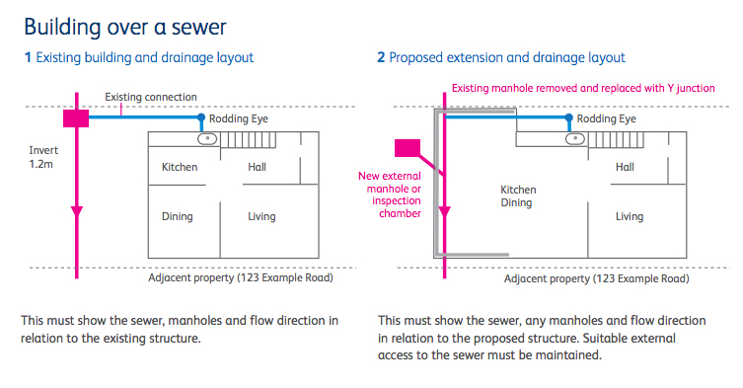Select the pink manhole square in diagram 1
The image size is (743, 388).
pos(76,118)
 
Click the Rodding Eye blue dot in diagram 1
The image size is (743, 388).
pos(202,118)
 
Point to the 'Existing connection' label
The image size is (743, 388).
pos(151,97)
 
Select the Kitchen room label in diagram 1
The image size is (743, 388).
pos(180,167)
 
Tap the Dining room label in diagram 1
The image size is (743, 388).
pos(178,216)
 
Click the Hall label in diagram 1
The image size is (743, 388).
pos(256,167)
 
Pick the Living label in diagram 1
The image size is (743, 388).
pos(261,216)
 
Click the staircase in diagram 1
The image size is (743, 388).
pos(235,139)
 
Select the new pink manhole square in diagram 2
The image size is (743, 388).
pos(408,150)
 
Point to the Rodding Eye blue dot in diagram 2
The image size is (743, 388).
pos(570,118)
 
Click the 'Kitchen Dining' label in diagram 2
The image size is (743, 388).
pos(518,195)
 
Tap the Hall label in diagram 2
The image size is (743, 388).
pos(625,167)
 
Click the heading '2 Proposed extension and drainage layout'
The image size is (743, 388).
pos(501,58)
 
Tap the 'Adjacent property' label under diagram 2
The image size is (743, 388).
pos(596,278)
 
